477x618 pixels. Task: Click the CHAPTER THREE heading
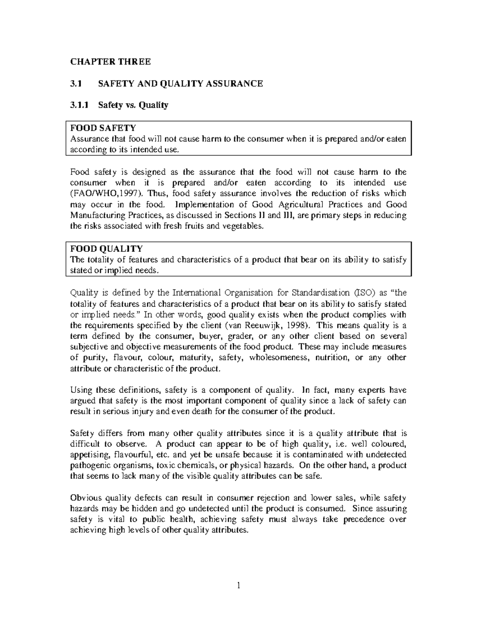111,62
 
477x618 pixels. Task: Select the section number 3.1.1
80,105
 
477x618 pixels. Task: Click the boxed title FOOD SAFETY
103,128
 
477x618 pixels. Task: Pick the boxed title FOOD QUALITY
106,249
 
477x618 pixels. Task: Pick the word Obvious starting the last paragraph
83,498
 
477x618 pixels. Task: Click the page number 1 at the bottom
238,585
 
